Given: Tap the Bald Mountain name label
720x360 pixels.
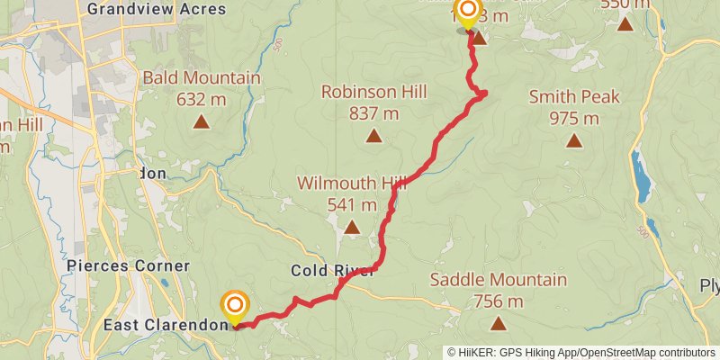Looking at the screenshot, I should pyautogui.click(x=201, y=78).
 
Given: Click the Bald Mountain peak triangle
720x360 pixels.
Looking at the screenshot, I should pyautogui.click(x=201, y=120).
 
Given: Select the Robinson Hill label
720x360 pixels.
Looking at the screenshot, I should pyautogui.click(x=373, y=92).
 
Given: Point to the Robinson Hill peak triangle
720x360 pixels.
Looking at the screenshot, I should pyautogui.click(x=373, y=136).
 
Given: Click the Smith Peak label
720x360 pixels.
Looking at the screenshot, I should pyautogui.click(x=574, y=96).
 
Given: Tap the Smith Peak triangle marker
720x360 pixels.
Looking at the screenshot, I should pyautogui.click(x=574, y=140).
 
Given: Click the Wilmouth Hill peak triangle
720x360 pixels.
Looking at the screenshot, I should pyautogui.click(x=352, y=228).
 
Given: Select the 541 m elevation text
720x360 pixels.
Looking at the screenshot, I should pyautogui.click(x=352, y=204).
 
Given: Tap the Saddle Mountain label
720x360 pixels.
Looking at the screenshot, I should pyautogui.click(x=499, y=280).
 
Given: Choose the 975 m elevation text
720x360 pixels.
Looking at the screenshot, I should pyautogui.click(x=574, y=118).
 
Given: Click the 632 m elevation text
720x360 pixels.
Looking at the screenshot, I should pyautogui.click(x=201, y=99).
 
